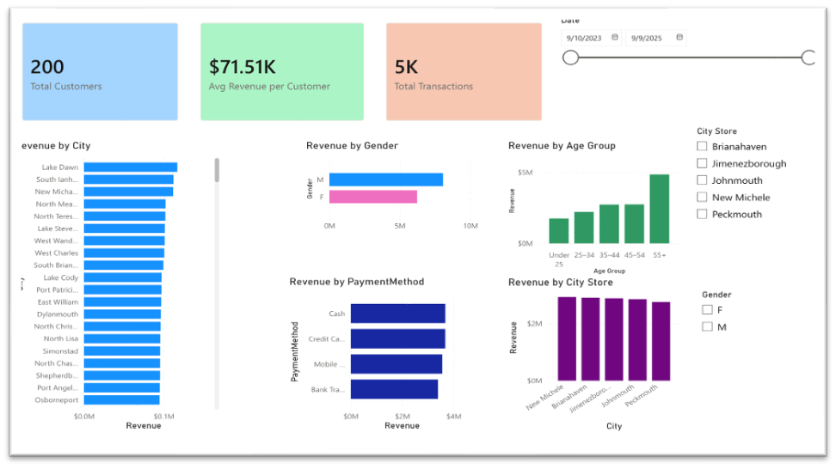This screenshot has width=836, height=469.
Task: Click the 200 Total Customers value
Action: tap(47, 68)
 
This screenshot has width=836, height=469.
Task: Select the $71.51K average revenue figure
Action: tap(243, 68)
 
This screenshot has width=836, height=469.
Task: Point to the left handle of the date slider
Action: tap(570, 58)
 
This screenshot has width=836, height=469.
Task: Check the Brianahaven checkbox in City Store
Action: tap(702, 147)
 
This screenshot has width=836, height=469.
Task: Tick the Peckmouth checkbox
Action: tap(702, 214)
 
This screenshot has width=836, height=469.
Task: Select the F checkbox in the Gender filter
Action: tap(707, 310)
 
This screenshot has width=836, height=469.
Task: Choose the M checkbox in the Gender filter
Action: tap(707, 326)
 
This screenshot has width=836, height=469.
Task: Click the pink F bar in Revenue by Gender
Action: tap(372, 197)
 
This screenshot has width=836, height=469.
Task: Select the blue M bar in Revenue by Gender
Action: tap(385, 180)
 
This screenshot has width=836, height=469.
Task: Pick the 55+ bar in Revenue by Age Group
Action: tap(659, 209)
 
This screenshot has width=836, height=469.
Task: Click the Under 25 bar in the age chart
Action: tap(559, 230)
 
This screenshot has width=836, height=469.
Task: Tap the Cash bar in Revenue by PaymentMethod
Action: tap(397, 314)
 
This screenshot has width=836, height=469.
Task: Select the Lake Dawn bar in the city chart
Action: tap(130, 167)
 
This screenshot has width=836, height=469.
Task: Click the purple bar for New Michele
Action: tap(567, 338)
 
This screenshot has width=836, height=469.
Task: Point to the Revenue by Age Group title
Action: tap(562, 146)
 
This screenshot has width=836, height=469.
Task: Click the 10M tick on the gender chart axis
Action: tap(470, 226)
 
